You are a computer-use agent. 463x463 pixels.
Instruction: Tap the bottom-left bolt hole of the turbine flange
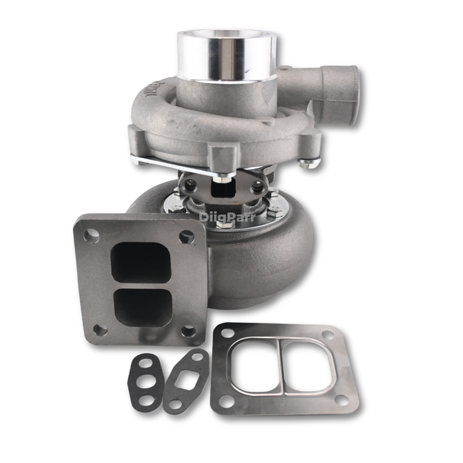tap(99, 329)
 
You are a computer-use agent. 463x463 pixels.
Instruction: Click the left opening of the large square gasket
tap(257, 368)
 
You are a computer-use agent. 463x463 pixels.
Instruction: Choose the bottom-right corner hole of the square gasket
tap(341, 400)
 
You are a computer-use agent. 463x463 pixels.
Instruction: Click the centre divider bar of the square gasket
tap(285, 368)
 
